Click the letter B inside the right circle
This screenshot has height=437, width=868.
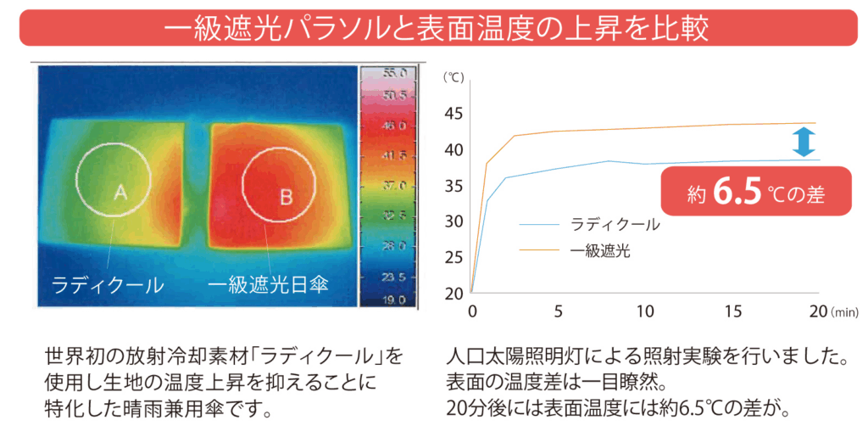[x=287, y=197]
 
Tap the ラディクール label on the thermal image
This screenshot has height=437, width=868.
[x=108, y=284]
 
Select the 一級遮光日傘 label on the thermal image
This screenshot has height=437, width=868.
[x=270, y=284]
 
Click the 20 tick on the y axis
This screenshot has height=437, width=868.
[x=454, y=294]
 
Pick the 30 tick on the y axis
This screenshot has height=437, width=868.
[x=454, y=221]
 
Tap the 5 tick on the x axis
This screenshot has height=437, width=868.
[x=559, y=311]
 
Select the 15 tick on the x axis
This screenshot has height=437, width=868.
[x=733, y=311]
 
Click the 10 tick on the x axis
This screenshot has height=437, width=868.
[x=646, y=311]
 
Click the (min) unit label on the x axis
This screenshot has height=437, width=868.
[x=845, y=312]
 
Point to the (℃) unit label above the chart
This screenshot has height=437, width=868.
[x=455, y=77]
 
